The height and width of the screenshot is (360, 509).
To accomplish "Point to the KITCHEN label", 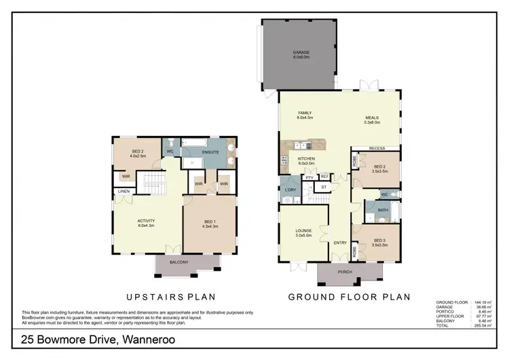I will pos(307,160).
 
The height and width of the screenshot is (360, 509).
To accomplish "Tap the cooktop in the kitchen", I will pos(283,162).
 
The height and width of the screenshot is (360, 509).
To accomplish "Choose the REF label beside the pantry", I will pos(324,176).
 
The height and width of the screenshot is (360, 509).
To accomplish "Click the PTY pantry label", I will pos(309,177).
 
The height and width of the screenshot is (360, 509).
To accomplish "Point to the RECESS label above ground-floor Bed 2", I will pos(377,148).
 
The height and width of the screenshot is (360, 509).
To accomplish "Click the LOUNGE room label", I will pos(303,232).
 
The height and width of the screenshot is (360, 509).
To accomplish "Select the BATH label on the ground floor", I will pos(383,210).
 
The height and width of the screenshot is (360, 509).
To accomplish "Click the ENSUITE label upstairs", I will pos(210,153).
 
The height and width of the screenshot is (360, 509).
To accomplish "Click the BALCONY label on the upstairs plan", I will pos(179,262).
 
